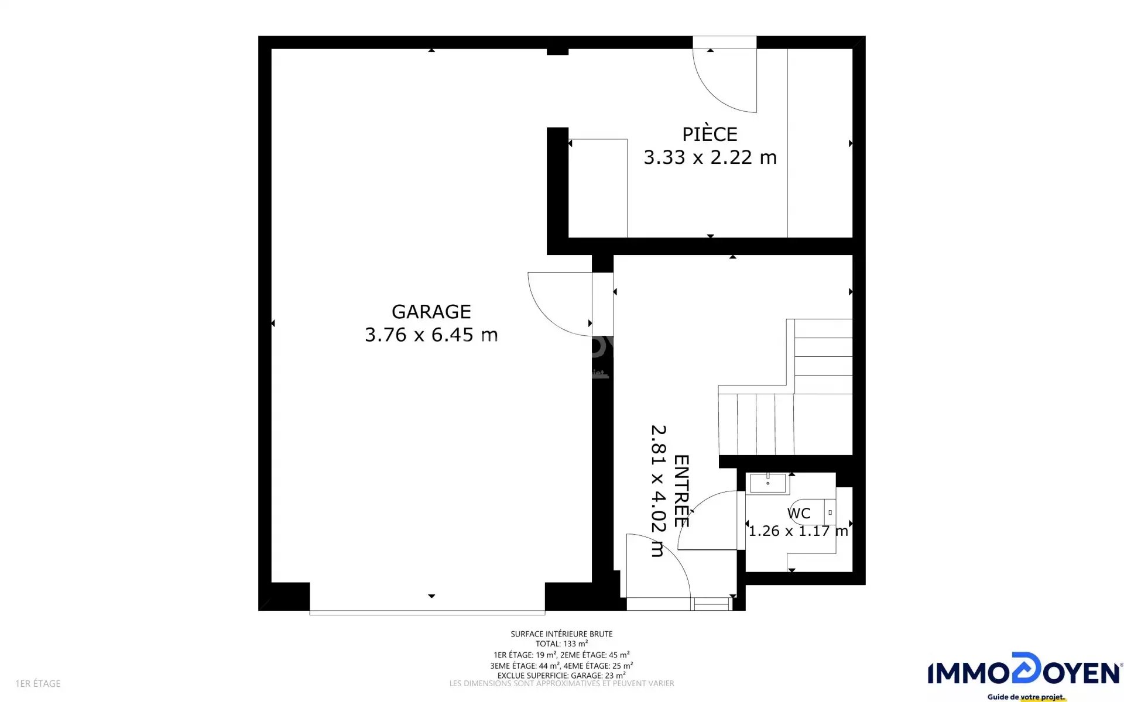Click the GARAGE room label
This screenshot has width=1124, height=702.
431,312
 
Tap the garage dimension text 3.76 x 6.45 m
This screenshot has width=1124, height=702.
431,335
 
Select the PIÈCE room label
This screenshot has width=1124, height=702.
710,134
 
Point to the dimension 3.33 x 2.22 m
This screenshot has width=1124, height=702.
710,157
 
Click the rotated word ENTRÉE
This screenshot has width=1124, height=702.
681,491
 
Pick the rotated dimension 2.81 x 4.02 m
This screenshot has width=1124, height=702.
658,491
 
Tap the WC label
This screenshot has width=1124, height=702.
799,514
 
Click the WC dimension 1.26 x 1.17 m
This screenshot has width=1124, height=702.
799,531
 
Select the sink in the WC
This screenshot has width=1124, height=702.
767,483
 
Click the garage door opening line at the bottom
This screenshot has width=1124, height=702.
427,612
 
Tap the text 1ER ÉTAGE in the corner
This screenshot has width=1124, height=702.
38,683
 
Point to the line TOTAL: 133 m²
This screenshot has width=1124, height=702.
561,643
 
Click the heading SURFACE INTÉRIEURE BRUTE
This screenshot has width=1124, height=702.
561,634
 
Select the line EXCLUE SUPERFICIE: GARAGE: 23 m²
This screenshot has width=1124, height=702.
561,675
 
